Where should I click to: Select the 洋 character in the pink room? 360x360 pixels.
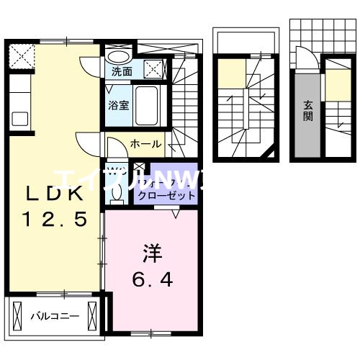[151, 253]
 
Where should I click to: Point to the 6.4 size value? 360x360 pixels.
[151, 279]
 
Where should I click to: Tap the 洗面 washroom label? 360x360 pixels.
[122, 72]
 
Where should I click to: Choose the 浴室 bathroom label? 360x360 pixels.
[119, 105]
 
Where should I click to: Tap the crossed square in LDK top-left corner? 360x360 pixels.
[22, 55]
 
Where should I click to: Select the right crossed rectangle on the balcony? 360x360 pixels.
[93, 315]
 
